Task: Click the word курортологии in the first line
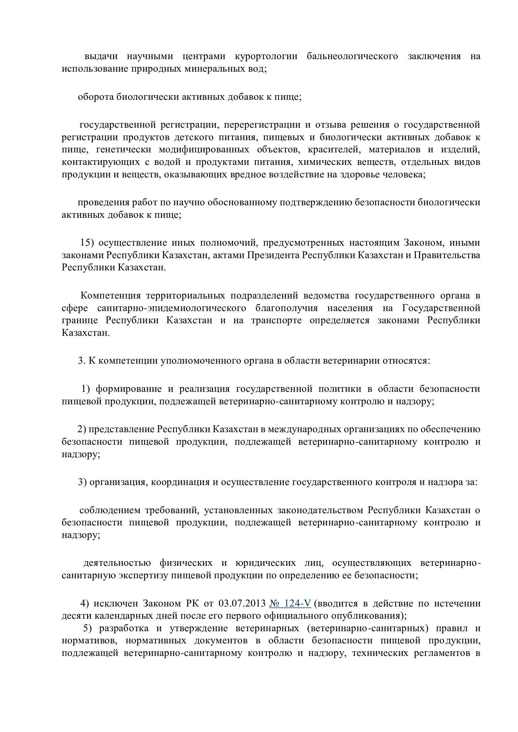tap(266, 56)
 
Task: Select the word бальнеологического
tap(352, 56)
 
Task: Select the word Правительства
tap(447, 255)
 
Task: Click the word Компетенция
tap(110, 295)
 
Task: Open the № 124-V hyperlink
tap(290, 603)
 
